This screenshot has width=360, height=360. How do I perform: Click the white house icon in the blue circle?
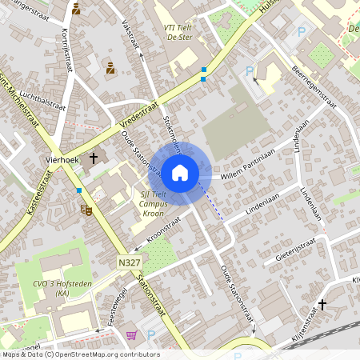click(x=180, y=173)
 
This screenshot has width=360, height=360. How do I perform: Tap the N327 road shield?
click(x=126, y=262)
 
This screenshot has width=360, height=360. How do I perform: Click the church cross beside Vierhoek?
click(x=93, y=158)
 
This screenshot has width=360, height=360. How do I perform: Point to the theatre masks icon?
click(x=86, y=209)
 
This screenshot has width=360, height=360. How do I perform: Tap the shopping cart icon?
click(x=130, y=336)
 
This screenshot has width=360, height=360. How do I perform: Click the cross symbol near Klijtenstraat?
click(x=322, y=304)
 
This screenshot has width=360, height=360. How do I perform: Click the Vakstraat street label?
click(x=130, y=36)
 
